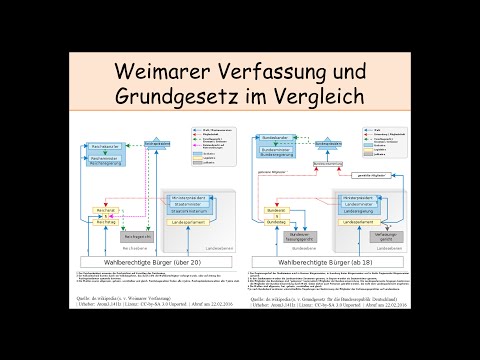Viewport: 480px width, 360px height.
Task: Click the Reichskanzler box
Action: tap(98, 146)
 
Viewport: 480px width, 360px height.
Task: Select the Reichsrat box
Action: tap(105, 210)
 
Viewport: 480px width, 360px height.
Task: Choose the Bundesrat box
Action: tap(274, 210)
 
